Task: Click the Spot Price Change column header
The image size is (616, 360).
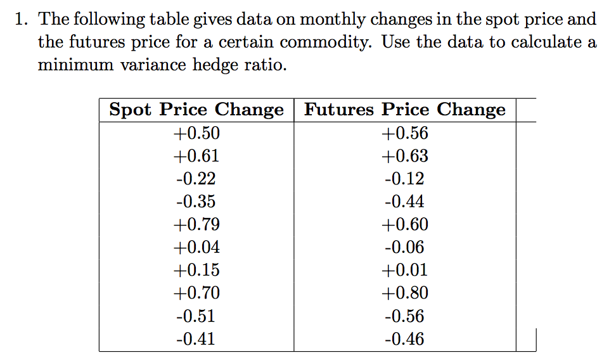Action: [x=196, y=110]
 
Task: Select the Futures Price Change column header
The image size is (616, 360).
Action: [x=405, y=110]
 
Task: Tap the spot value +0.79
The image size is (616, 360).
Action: [x=196, y=224]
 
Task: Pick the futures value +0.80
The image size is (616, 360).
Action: [x=405, y=293]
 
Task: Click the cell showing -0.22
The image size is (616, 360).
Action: [x=196, y=179]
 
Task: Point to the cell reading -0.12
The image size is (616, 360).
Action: [x=405, y=179]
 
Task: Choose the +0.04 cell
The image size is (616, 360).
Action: [x=196, y=247]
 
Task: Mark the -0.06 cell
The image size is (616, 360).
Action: [x=405, y=247]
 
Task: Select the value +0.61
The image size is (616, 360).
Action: [x=196, y=156]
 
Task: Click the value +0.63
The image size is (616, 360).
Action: [x=405, y=156]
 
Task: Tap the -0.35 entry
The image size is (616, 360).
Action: [x=196, y=202]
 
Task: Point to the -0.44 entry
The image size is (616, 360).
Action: [x=405, y=202]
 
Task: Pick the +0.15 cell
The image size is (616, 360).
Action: [x=196, y=270]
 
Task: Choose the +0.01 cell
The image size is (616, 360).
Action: [x=405, y=270]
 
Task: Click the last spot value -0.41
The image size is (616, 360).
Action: [x=196, y=339]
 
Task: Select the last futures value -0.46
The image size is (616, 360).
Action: [x=405, y=339]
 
